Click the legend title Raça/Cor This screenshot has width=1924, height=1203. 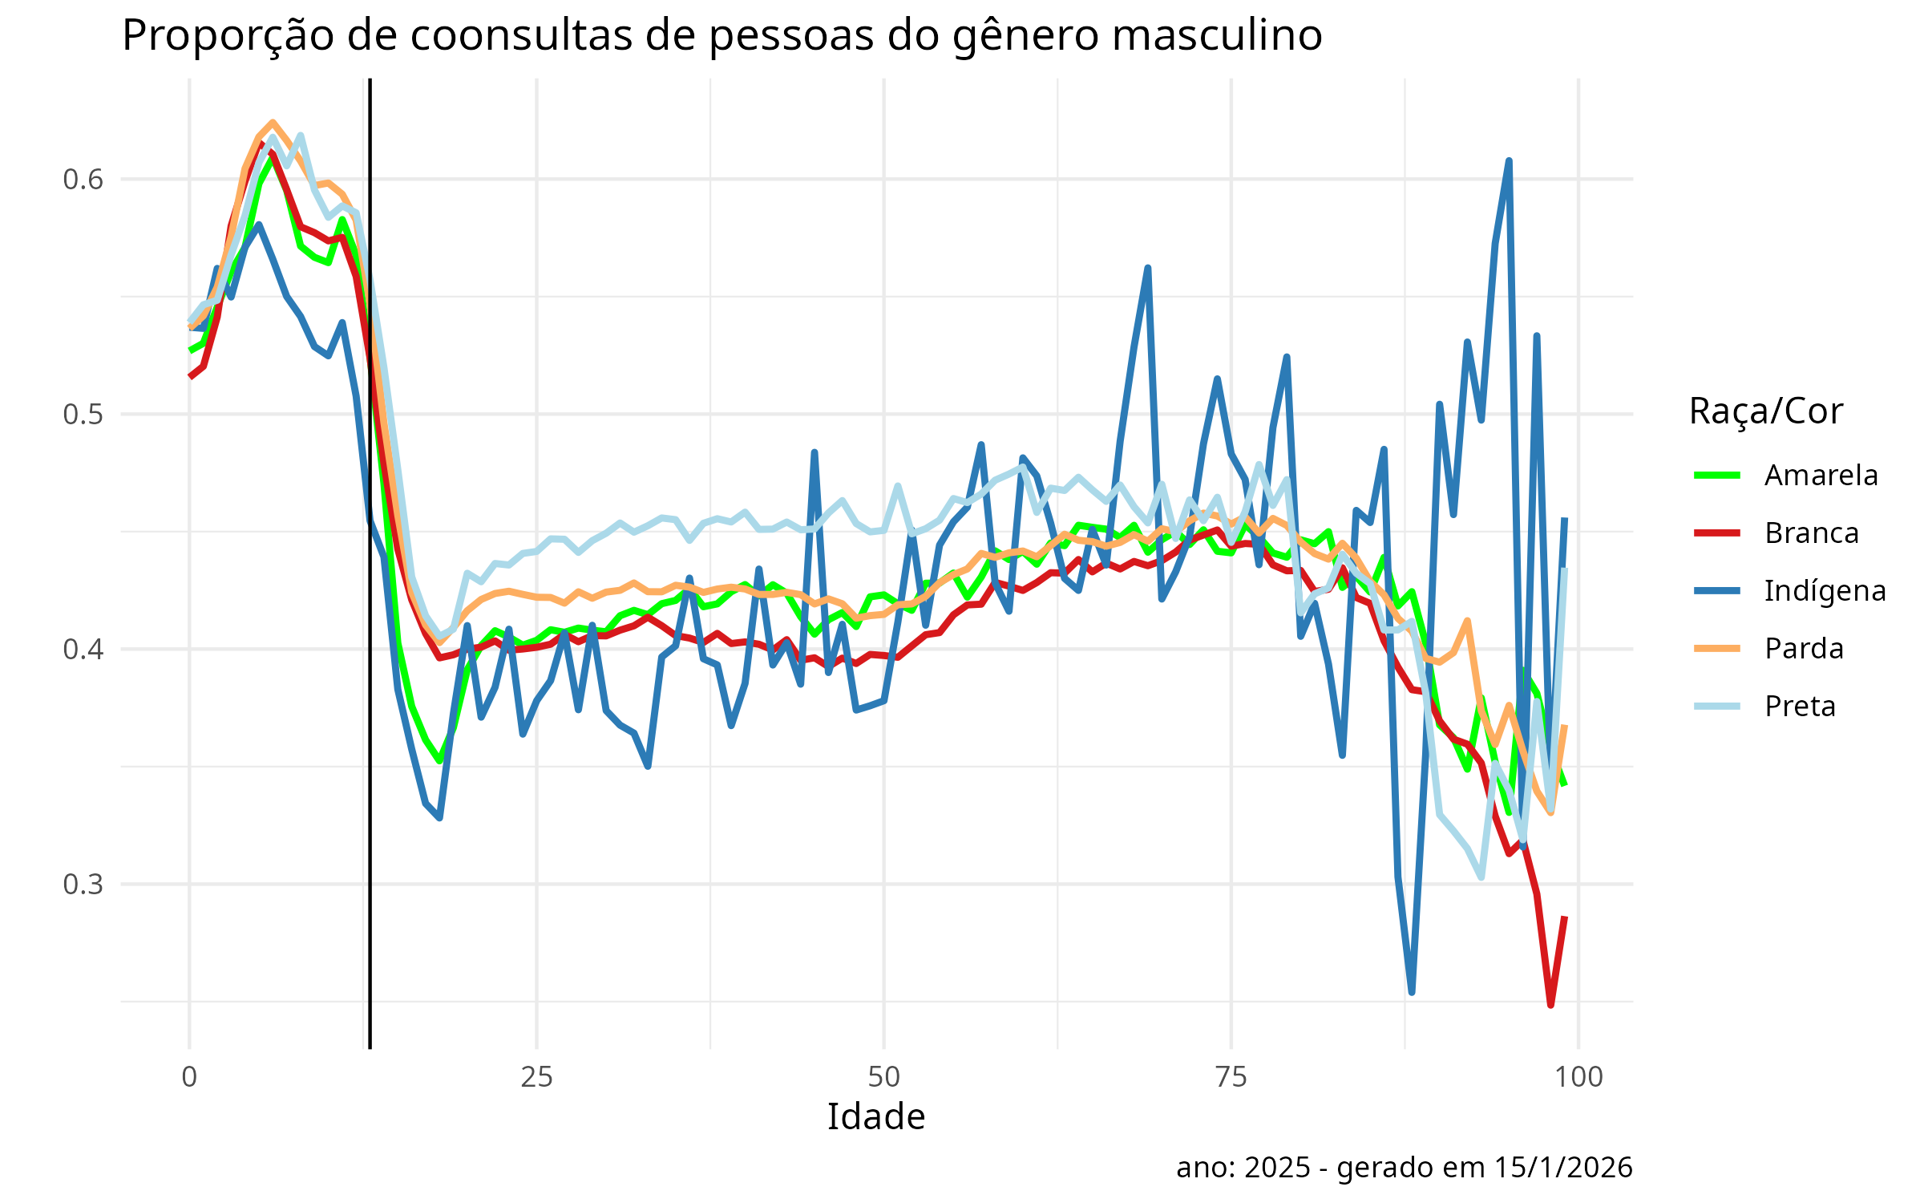(x=1765, y=411)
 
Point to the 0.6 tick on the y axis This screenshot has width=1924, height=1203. (x=83, y=179)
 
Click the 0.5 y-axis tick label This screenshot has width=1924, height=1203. (x=83, y=415)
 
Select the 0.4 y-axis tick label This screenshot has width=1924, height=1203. (x=83, y=649)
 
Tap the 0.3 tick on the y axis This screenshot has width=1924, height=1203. (x=83, y=885)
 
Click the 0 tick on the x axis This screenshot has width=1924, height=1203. (x=189, y=1077)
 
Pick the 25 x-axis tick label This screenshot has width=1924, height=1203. (x=536, y=1077)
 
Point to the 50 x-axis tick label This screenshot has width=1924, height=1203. (x=883, y=1077)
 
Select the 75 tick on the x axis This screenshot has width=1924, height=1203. (x=1231, y=1077)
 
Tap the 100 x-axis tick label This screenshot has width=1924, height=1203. (x=1578, y=1077)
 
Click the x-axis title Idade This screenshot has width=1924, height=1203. (x=875, y=1117)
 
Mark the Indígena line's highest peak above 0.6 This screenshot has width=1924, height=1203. (x=1509, y=161)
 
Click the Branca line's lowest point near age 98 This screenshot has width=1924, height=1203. (x=1550, y=1005)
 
